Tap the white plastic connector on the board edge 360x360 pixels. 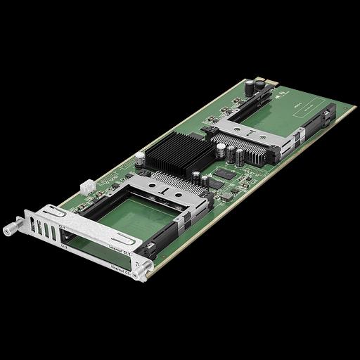88,188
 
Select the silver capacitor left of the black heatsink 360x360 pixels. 141,158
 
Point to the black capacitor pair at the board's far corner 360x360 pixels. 254,87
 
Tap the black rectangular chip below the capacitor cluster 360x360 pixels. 224,172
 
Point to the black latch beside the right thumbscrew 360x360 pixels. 149,247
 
